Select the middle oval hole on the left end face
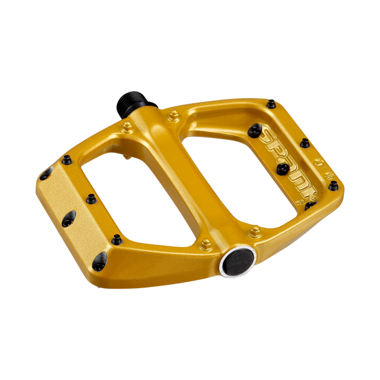pos(68,217)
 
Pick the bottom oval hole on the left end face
pos(100,260)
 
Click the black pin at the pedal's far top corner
pos(272,102)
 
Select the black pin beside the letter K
pos(310,205)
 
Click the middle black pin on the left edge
pos(91,198)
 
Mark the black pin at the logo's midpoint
pos(283,168)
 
